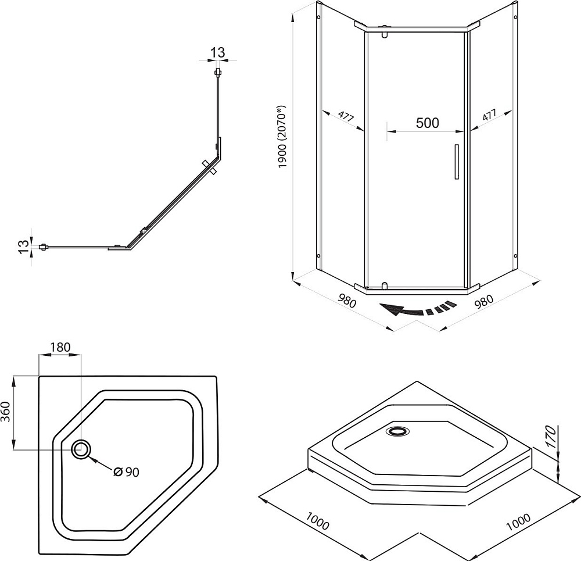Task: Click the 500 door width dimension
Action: (x=427, y=123)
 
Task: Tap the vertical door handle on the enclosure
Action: (x=457, y=162)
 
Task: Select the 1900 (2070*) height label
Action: (x=282, y=137)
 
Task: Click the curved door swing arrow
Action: (x=418, y=309)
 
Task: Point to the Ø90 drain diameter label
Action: (x=126, y=472)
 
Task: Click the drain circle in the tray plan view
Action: (x=81, y=449)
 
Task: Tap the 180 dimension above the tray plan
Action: (x=60, y=347)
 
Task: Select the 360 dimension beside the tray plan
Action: (x=6, y=412)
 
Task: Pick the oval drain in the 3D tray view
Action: (x=397, y=431)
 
